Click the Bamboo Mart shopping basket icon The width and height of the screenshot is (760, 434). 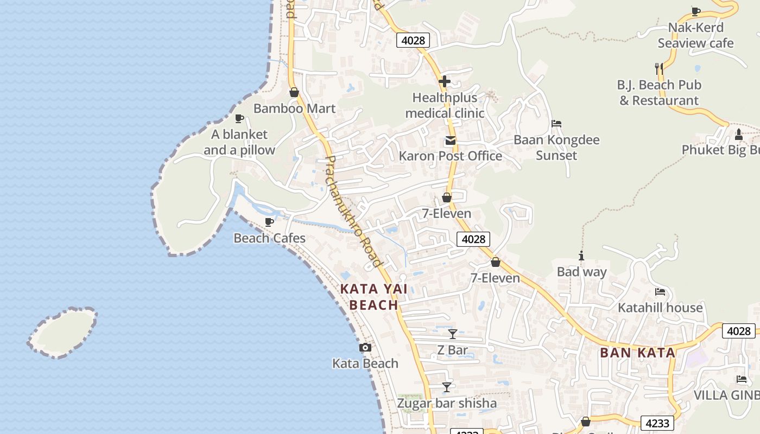click(294, 93)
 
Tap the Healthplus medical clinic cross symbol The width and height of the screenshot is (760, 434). click(445, 82)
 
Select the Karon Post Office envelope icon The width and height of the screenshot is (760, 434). click(450, 141)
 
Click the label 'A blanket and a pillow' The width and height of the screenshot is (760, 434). click(239, 142)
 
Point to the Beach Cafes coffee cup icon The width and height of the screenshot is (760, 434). click(269, 222)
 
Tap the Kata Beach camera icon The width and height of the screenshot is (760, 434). click(365, 348)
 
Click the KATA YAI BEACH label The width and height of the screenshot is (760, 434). click(374, 297)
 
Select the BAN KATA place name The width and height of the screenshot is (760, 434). click(637, 353)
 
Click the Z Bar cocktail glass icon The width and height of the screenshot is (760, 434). click(452, 334)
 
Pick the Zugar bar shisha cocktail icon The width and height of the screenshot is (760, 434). click(447, 387)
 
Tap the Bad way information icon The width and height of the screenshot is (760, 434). click(581, 256)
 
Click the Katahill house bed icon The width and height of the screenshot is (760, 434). click(660, 292)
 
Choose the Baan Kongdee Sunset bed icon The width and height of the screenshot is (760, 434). click(556, 124)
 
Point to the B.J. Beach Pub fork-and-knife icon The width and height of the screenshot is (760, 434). click(659, 68)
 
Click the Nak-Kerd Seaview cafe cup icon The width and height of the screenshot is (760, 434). click(695, 11)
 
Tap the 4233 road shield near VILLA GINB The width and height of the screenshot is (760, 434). click(657, 423)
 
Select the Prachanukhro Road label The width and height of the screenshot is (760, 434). click(353, 212)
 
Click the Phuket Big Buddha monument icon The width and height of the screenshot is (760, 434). click(738, 134)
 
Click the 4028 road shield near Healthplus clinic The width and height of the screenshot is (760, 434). click(413, 40)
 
